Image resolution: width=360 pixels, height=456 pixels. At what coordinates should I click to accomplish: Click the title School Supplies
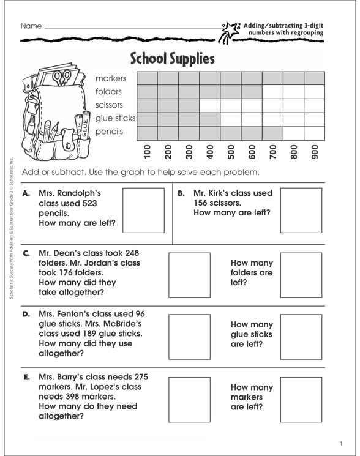point(173,59)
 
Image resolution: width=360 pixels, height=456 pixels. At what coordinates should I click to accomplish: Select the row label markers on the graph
point(111,78)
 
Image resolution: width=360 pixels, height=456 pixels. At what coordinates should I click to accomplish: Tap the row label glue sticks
point(116,118)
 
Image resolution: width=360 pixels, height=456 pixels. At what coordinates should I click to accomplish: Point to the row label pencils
point(110,131)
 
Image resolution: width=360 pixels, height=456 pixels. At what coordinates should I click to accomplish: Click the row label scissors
point(109,105)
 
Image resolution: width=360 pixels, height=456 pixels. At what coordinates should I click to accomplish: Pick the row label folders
point(108,92)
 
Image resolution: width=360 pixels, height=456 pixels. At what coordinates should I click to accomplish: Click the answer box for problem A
point(144,211)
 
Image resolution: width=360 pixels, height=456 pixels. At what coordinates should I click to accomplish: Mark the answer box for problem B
point(301,211)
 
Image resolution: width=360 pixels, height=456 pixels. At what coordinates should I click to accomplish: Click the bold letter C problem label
point(26,253)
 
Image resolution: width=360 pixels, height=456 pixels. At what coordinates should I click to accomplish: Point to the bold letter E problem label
point(26,377)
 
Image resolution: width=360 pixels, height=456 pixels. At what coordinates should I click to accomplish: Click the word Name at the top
point(31,27)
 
